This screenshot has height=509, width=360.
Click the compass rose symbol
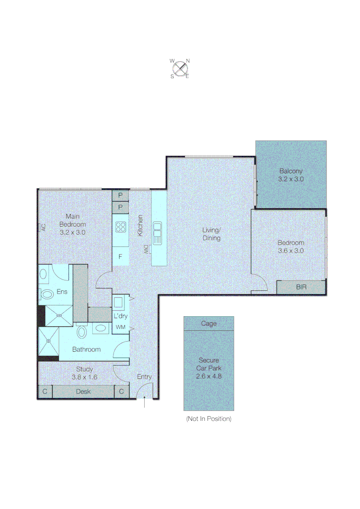coord(180,68)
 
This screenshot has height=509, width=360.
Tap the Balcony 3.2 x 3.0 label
coord(291,175)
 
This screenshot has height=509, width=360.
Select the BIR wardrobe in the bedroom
coord(301,287)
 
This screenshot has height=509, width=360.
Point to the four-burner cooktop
coord(121,228)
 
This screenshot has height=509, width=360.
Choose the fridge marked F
coord(121,257)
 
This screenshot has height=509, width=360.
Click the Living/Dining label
coord(212,234)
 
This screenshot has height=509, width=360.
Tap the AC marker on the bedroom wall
coord(42,227)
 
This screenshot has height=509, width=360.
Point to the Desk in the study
coord(83,392)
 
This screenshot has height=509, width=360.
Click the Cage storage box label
coord(209,323)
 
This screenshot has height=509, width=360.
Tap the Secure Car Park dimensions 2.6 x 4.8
coord(209,377)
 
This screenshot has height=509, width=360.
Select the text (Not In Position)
coord(209,419)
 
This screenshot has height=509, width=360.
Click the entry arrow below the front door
coord(144,403)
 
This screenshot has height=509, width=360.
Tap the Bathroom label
coord(86,349)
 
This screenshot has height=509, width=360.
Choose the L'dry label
coord(119,315)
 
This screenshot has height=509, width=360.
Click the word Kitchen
coord(140,225)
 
